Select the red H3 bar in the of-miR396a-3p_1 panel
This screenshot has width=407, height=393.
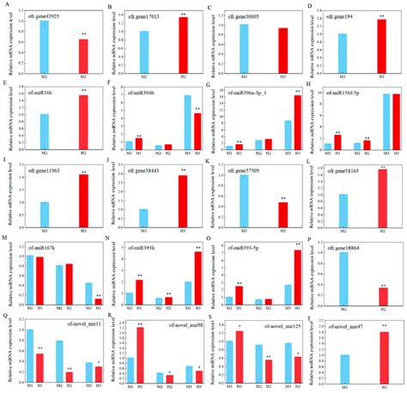click(297, 122)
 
